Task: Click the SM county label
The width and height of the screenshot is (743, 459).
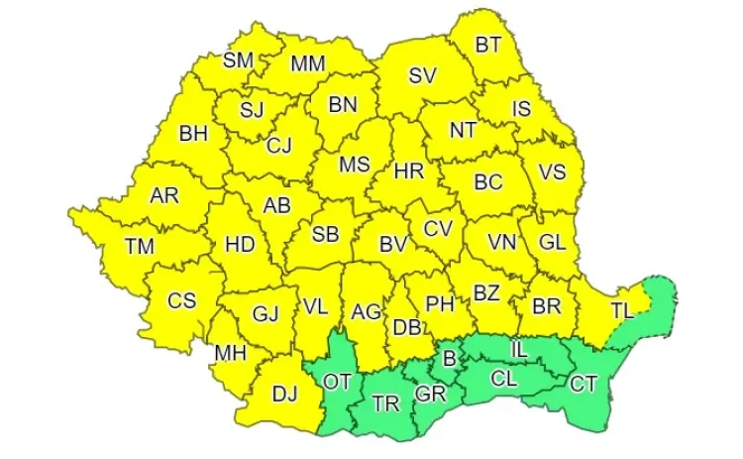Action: click(238, 59)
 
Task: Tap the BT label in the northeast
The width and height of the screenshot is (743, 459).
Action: click(488, 44)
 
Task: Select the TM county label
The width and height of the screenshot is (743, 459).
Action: click(140, 245)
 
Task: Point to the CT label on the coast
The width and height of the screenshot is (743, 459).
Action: click(584, 383)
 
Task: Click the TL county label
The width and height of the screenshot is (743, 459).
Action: click(621, 310)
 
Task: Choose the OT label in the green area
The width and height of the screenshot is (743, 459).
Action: click(337, 382)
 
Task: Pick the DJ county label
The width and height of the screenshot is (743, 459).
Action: click(284, 395)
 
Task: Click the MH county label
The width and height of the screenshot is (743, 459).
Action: click(230, 352)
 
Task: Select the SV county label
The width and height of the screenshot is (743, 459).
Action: click(423, 75)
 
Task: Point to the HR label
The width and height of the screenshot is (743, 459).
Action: click(409, 172)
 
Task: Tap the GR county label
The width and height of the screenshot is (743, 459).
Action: click(430, 394)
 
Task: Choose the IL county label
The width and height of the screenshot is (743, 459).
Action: click(519, 349)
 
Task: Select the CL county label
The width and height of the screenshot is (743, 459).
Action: click(504, 378)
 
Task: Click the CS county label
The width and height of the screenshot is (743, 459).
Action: click(181, 300)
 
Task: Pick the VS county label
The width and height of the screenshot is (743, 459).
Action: click(552, 172)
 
